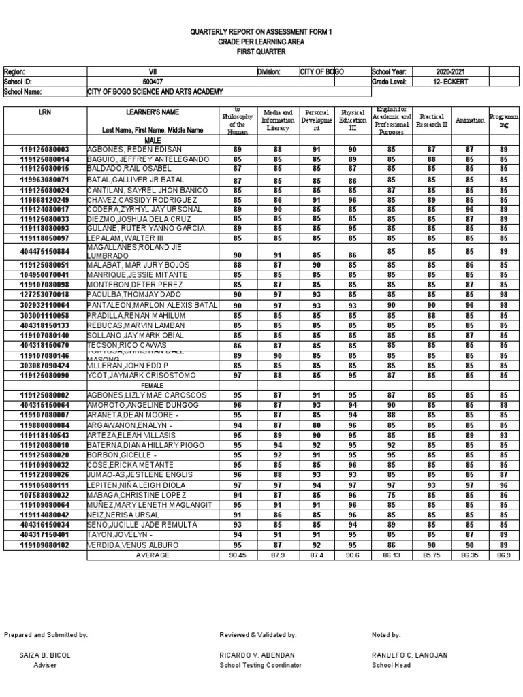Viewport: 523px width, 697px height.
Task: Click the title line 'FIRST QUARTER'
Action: [x=261, y=52]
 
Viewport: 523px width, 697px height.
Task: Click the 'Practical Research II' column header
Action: [x=432, y=120]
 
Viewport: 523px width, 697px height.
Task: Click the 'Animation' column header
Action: [x=470, y=120]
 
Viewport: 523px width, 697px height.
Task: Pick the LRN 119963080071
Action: [x=45, y=180]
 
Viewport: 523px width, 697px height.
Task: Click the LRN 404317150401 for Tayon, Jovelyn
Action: [x=45, y=535]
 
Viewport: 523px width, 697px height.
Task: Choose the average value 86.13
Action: [x=392, y=555]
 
